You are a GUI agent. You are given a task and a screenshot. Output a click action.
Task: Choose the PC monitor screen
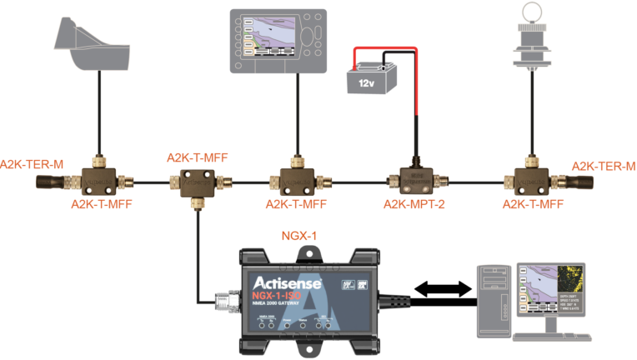547,292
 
